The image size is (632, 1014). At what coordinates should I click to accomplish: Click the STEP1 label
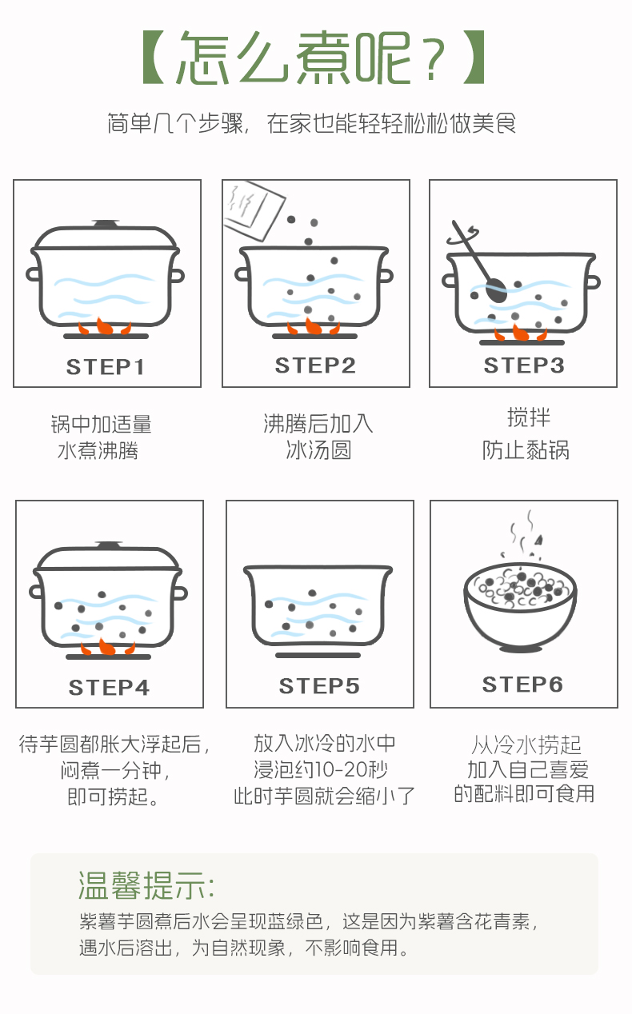[x=105, y=367]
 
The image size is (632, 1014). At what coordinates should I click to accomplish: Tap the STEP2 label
[x=315, y=365]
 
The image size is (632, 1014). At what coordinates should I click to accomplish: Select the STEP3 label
[x=524, y=365]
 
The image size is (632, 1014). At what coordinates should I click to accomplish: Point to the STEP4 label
[x=109, y=687]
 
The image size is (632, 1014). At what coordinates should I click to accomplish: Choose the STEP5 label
[x=319, y=686]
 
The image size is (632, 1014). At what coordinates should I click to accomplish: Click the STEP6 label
[x=522, y=684]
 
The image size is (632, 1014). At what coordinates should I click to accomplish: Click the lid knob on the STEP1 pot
[x=106, y=223]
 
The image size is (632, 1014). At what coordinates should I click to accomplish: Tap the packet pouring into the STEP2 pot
[x=254, y=210]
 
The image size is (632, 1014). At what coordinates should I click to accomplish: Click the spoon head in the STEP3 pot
[x=496, y=290]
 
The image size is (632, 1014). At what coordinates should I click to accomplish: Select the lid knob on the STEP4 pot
[x=108, y=545]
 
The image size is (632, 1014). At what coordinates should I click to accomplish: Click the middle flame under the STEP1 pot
[x=105, y=326]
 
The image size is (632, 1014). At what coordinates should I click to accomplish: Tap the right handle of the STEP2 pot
[x=386, y=275]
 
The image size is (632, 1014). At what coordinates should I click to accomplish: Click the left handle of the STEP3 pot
[x=449, y=281]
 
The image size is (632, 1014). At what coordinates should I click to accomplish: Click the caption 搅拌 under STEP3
[x=528, y=417]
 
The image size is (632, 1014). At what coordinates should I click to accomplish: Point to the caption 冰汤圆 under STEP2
[x=318, y=450]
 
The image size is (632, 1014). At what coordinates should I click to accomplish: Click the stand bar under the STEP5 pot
[x=318, y=655]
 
